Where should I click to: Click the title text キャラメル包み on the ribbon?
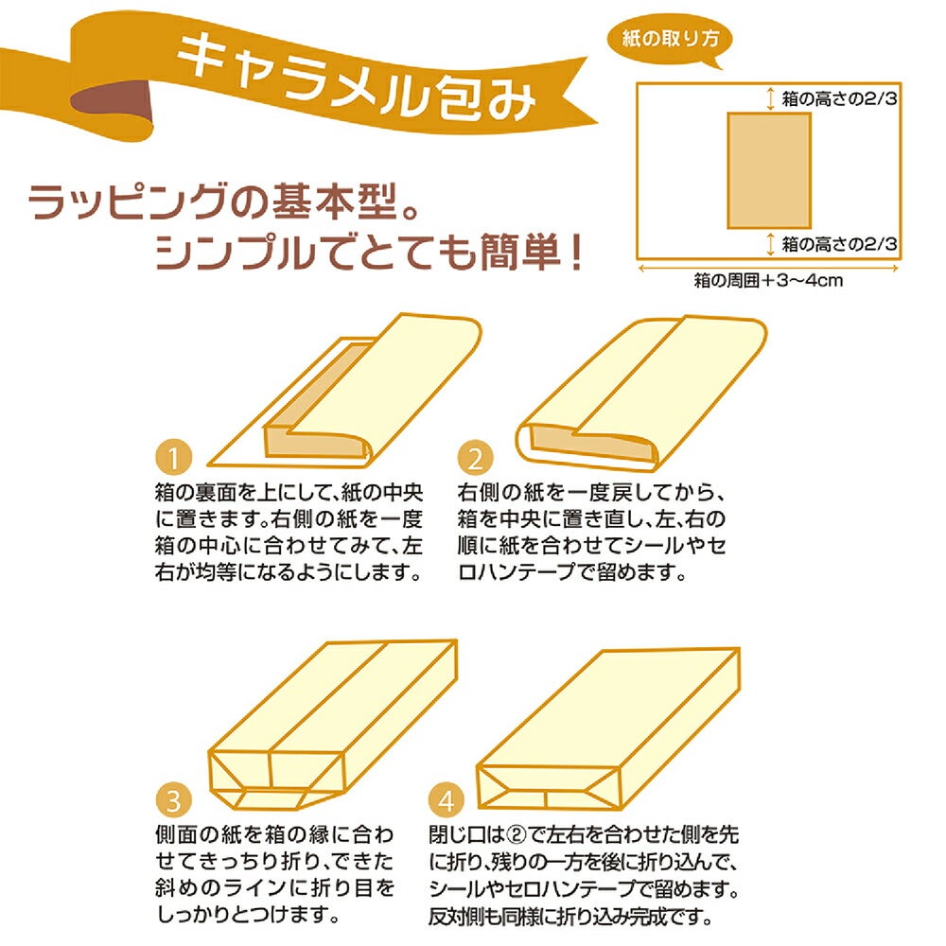[x=356, y=79]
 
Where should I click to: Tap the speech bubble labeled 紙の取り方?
[x=669, y=40]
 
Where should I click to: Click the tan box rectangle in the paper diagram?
[x=768, y=170]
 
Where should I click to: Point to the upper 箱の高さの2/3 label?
[x=839, y=98]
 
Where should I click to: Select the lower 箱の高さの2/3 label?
[x=839, y=244]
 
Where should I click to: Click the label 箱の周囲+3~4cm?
[x=768, y=281]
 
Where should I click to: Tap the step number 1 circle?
[x=174, y=458]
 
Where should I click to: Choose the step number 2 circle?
[x=476, y=458]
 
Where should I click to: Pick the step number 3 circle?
[x=174, y=800]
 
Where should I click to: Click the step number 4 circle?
[x=446, y=800]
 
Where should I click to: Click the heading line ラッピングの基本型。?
[x=223, y=202]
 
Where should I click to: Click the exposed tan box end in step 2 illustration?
[x=591, y=444]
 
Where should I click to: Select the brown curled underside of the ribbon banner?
[x=111, y=102]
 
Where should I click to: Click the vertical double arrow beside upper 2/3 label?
[x=770, y=98]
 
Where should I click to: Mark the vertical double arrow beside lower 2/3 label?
[x=770, y=244]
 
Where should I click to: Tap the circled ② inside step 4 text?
[x=516, y=835]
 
